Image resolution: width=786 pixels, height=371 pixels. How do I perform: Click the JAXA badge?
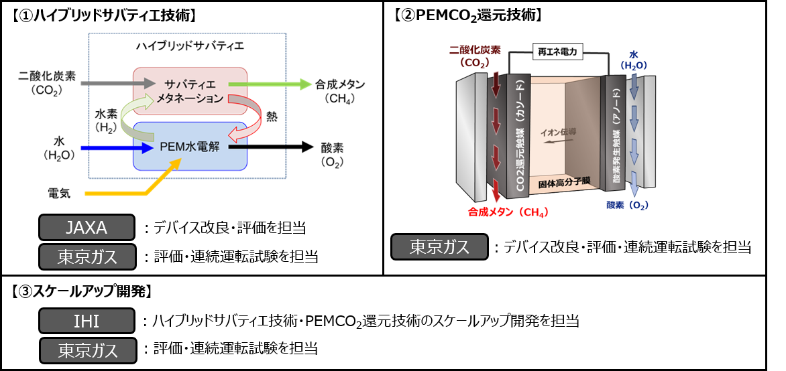[87, 228]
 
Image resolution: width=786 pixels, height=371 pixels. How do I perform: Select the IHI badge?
[87, 321]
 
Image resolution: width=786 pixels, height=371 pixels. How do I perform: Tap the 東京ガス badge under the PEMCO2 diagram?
[439, 247]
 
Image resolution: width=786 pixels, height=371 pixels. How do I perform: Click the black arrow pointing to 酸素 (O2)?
[271, 145]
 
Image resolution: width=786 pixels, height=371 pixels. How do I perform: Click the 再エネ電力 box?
[557, 51]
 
